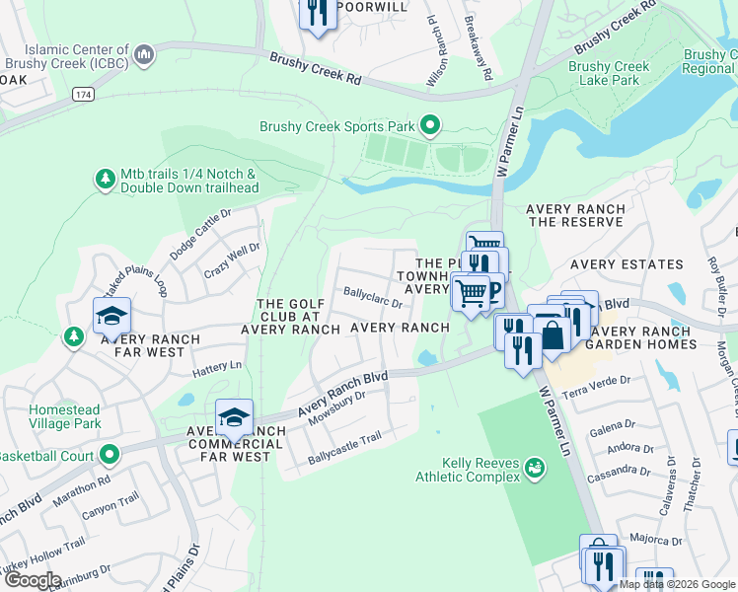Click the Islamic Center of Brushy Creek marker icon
tap(144, 52)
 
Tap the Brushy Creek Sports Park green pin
tap(429, 125)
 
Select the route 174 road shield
tap(83, 93)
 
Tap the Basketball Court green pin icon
tap(109, 455)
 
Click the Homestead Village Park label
tap(65, 416)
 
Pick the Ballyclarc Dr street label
tap(372, 297)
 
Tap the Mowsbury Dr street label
tap(337, 407)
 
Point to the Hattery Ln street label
tap(217, 366)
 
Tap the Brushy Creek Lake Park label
tap(609, 73)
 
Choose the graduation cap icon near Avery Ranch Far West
tap(111, 317)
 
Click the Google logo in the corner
tap(33, 579)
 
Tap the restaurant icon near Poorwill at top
tap(316, 13)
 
